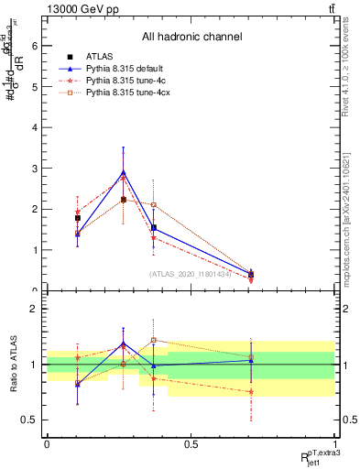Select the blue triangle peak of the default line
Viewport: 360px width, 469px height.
[124, 171]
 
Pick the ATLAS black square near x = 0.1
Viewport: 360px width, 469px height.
[78, 218]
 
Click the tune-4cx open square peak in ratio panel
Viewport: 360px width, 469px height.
[154, 340]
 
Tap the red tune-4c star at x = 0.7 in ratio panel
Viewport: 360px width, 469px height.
[251, 391]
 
